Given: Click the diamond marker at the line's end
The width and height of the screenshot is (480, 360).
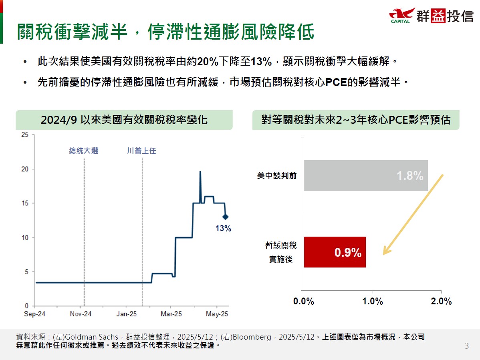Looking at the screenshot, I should [x=226, y=217].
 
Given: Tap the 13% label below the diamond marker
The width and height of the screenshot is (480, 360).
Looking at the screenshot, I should [x=223, y=229].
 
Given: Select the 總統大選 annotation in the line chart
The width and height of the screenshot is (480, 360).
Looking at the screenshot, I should [x=83, y=151].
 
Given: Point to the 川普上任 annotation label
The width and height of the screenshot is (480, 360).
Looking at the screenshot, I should [x=141, y=151].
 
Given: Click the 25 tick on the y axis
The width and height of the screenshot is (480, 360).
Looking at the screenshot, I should [x=25, y=135].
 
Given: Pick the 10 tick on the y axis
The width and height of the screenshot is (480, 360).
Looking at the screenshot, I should [x=25, y=237].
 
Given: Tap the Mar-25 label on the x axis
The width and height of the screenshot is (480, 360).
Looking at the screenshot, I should [x=171, y=314].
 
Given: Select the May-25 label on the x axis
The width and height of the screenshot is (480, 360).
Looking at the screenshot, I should [x=217, y=314].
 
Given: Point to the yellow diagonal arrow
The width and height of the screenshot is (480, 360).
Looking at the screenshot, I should [x=413, y=214].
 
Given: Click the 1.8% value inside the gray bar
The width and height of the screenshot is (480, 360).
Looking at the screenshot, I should [x=410, y=176].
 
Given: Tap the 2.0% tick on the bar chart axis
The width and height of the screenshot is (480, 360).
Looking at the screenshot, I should [x=441, y=302].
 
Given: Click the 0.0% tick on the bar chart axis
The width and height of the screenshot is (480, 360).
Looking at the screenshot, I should [x=303, y=302].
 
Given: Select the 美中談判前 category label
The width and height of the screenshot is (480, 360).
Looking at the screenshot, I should [x=277, y=176].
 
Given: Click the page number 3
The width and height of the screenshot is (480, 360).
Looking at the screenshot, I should [x=466, y=346].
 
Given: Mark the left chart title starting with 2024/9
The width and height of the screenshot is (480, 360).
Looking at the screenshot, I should [x=124, y=120].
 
